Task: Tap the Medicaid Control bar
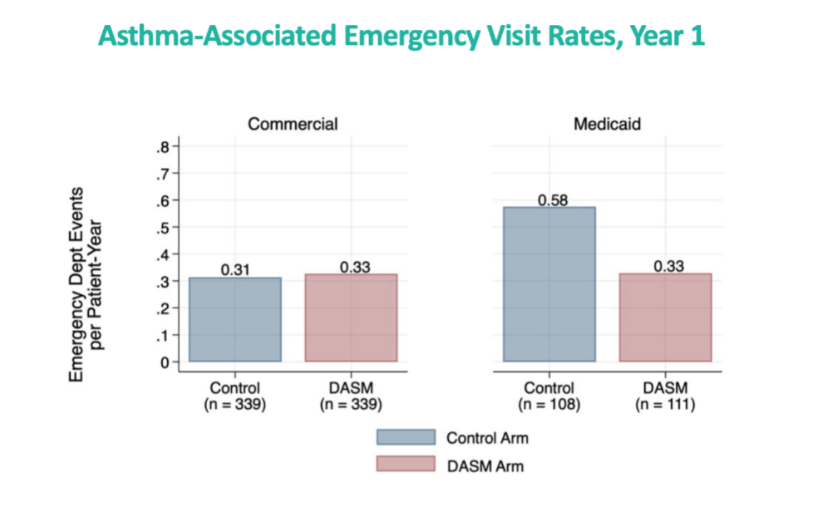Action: [x=549, y=284]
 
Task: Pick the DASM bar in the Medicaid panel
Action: [x=665, y=317]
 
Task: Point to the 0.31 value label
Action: [x=235, y=269]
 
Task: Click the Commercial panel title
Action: [x=293, y=125]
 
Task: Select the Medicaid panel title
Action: [x=607, y=125]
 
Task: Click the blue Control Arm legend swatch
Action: [x=406, y=438]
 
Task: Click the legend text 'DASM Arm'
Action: [x=485, y=465]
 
